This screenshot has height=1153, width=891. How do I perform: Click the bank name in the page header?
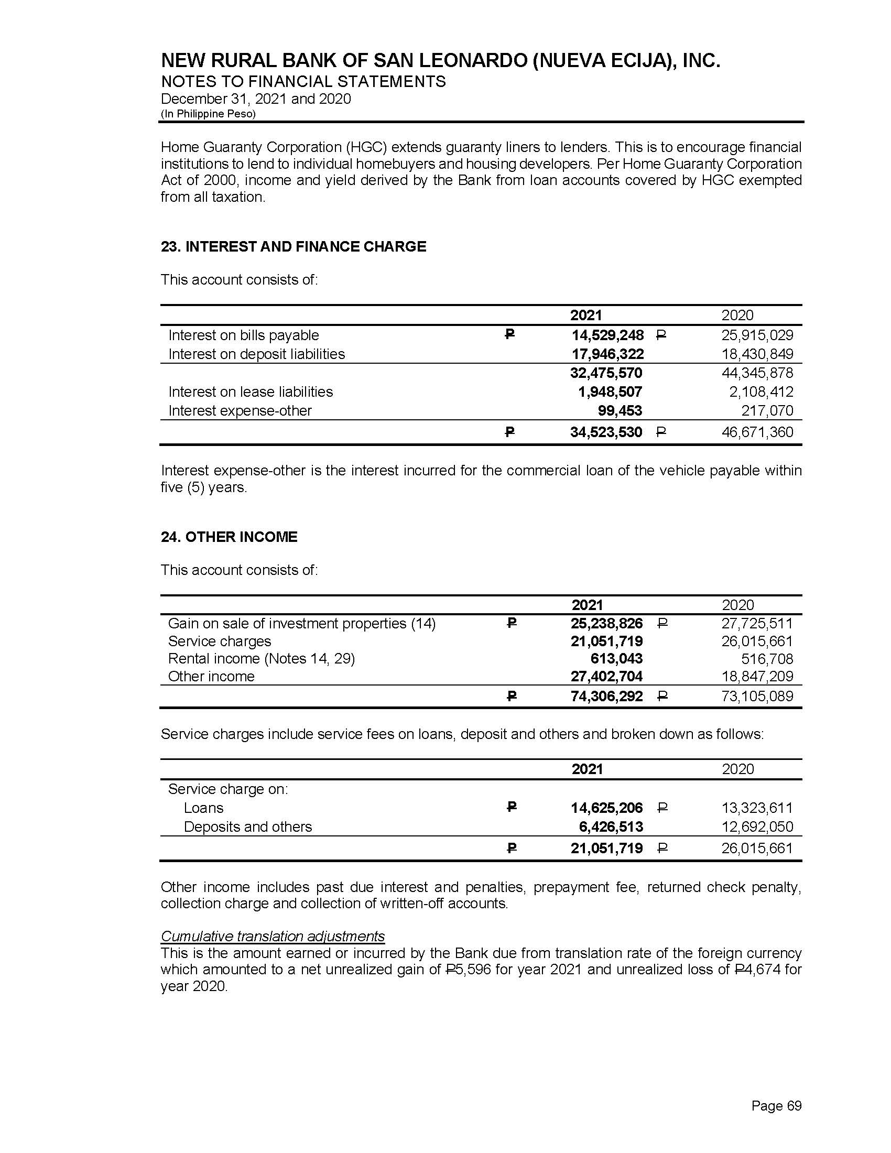click(x=440, y=61)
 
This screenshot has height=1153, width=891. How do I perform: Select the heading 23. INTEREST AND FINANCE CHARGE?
click(x=294, y=246)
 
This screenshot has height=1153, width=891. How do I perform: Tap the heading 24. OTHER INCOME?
click(x=229, y=537)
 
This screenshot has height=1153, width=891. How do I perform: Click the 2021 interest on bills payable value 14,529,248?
click(x=607, y=335)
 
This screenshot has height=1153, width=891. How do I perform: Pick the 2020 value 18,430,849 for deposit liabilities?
click(x=757, y=354)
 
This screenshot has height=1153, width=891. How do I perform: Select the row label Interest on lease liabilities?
click(x=251, y=391)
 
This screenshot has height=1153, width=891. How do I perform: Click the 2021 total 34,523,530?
click(x=606, y=432)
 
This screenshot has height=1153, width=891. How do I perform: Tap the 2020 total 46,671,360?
click(x=757, y=432)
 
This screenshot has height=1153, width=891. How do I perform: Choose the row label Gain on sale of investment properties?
click(x=301, y=624)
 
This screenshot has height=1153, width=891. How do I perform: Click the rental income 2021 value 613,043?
click(x=616, y=658)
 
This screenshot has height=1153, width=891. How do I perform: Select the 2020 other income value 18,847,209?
click(x=757, y=676)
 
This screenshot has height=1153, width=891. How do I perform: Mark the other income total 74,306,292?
click(x=606, y=697)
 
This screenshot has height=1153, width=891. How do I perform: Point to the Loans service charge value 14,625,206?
click(x=606, y=808)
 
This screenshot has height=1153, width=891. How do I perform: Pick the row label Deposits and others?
click(x=247, y=826)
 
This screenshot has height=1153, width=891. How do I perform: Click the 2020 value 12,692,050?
click(x=757, y=826)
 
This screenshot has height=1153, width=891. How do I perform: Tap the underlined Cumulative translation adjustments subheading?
click(x=273, y=936)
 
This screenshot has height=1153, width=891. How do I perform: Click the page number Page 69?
click(x=776, y=1105)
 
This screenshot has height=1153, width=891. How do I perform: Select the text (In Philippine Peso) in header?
click(x=208, y=114)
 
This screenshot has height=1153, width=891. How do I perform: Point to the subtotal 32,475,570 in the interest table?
click(x=606, y=373)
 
